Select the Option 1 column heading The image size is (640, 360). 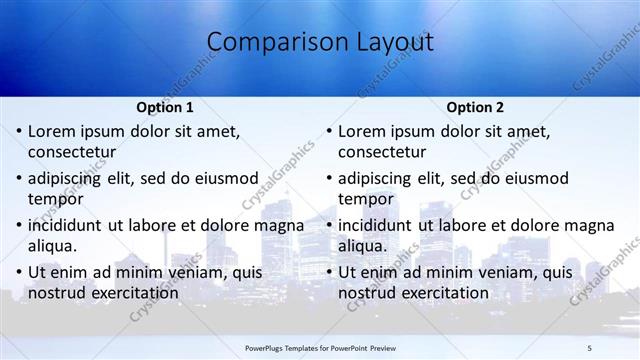point(164,107)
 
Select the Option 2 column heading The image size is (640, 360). point(475,107)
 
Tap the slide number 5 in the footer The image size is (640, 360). point(590,346)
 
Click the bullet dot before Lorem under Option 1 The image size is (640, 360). point(19,131)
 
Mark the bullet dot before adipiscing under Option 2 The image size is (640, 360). point(329,178)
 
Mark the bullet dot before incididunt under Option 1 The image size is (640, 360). point(19,225)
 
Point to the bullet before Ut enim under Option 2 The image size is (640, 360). point(329,272)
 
